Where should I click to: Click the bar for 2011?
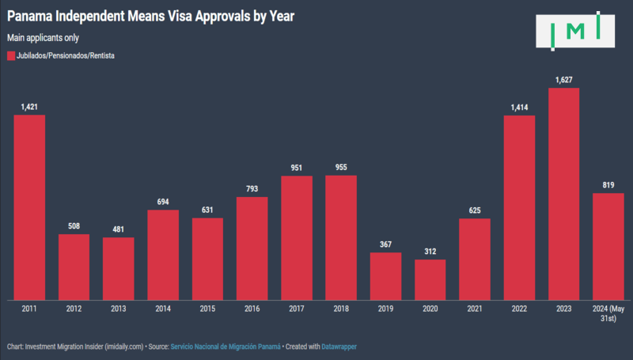click(x=29, y=207)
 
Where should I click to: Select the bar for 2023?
click(x=563, y=194)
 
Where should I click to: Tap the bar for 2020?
click(x=430, y=279)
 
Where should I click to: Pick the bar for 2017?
click(x=297, y=237)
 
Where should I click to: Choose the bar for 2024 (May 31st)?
click(x=608, y=246)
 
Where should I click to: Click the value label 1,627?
click(x=563, y=80)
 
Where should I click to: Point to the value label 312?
click(x=430, y=252)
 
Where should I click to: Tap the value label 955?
click(x=341, y=168)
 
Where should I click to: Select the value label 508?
click(x=74, y=226)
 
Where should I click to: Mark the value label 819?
click(x=608, y=185)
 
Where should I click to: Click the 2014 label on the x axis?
click(x=163, y=309)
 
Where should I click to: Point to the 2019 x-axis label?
click(x=385, y=309)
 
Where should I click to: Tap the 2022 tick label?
click(x=519, y=309)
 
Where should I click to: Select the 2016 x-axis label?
click(x=252, y=309)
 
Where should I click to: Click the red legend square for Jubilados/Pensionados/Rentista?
click(x=10, y=56)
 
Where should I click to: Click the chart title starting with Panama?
click(x=151, y=15)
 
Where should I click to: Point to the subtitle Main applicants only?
click(x=43, y=37)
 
